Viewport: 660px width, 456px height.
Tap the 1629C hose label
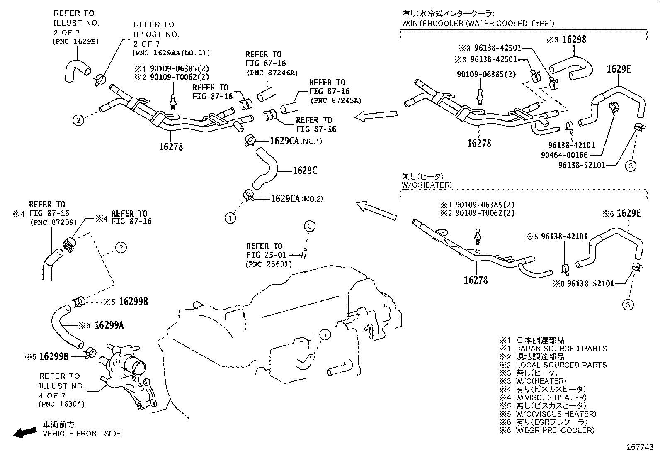[x=305, y=171]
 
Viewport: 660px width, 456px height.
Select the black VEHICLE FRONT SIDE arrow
[x=24, y=432]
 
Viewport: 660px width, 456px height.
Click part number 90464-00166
[x=564, y=155]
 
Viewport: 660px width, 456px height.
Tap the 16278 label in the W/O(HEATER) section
[x=476, y=280]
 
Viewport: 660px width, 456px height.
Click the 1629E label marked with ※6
[x=628, y=213]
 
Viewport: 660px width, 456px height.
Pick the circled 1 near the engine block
[x=325, y=334]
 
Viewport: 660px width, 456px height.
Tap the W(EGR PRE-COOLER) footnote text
[x=555, y=430]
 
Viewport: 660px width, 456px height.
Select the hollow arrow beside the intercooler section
[x=376, y=116]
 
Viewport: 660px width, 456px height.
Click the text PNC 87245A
[x=336, y=100]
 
